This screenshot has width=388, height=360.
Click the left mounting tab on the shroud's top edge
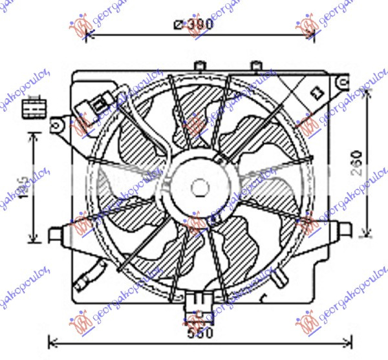coord(200,65)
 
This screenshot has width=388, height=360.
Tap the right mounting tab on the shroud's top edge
coord(256,65)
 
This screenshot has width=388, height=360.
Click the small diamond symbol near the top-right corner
coord(316,92)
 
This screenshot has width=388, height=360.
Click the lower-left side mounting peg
coord(56,232)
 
